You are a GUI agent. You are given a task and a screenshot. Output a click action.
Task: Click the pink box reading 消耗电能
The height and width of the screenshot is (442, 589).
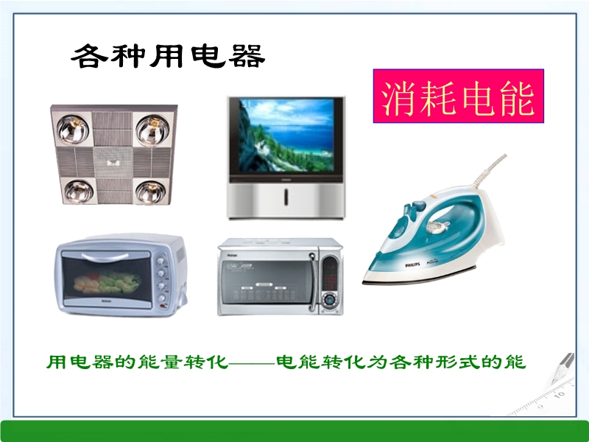point(458,96)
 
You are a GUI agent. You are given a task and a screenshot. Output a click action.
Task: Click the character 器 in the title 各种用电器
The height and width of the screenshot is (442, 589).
point(247,57)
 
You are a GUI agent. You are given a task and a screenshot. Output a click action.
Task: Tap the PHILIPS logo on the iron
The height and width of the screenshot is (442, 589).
point(412,265)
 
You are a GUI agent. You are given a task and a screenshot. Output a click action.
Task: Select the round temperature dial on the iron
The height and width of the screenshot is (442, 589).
point(437,226)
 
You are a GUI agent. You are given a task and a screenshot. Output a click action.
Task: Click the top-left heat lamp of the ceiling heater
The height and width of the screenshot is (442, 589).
point(73,130)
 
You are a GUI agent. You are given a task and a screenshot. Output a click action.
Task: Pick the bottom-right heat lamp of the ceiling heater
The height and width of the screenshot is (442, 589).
point(150,192)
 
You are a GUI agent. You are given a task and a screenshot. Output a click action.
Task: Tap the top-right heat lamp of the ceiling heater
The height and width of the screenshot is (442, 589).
point(152,130)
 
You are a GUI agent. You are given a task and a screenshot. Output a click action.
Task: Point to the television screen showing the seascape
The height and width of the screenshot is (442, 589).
point(286,136)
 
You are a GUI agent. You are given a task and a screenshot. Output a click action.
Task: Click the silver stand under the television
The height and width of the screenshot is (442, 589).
point(286,199)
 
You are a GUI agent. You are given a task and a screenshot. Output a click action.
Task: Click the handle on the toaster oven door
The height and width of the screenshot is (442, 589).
point(105,257)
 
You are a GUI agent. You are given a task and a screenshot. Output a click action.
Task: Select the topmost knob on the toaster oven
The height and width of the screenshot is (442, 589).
point(161,260)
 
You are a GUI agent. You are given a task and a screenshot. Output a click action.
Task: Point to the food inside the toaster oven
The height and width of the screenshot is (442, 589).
point(107,283)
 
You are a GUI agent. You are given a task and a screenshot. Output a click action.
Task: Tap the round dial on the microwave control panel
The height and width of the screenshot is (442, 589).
point(329,300)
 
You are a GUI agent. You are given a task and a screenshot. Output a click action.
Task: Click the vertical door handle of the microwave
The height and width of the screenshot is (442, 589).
point(311,283)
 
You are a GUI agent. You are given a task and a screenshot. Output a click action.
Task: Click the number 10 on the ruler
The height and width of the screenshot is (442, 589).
point(560,395)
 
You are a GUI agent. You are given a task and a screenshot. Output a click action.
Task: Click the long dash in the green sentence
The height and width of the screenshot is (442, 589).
point(252,363)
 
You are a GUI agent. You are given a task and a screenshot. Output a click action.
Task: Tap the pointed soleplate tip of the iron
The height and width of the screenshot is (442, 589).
point(364,282)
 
